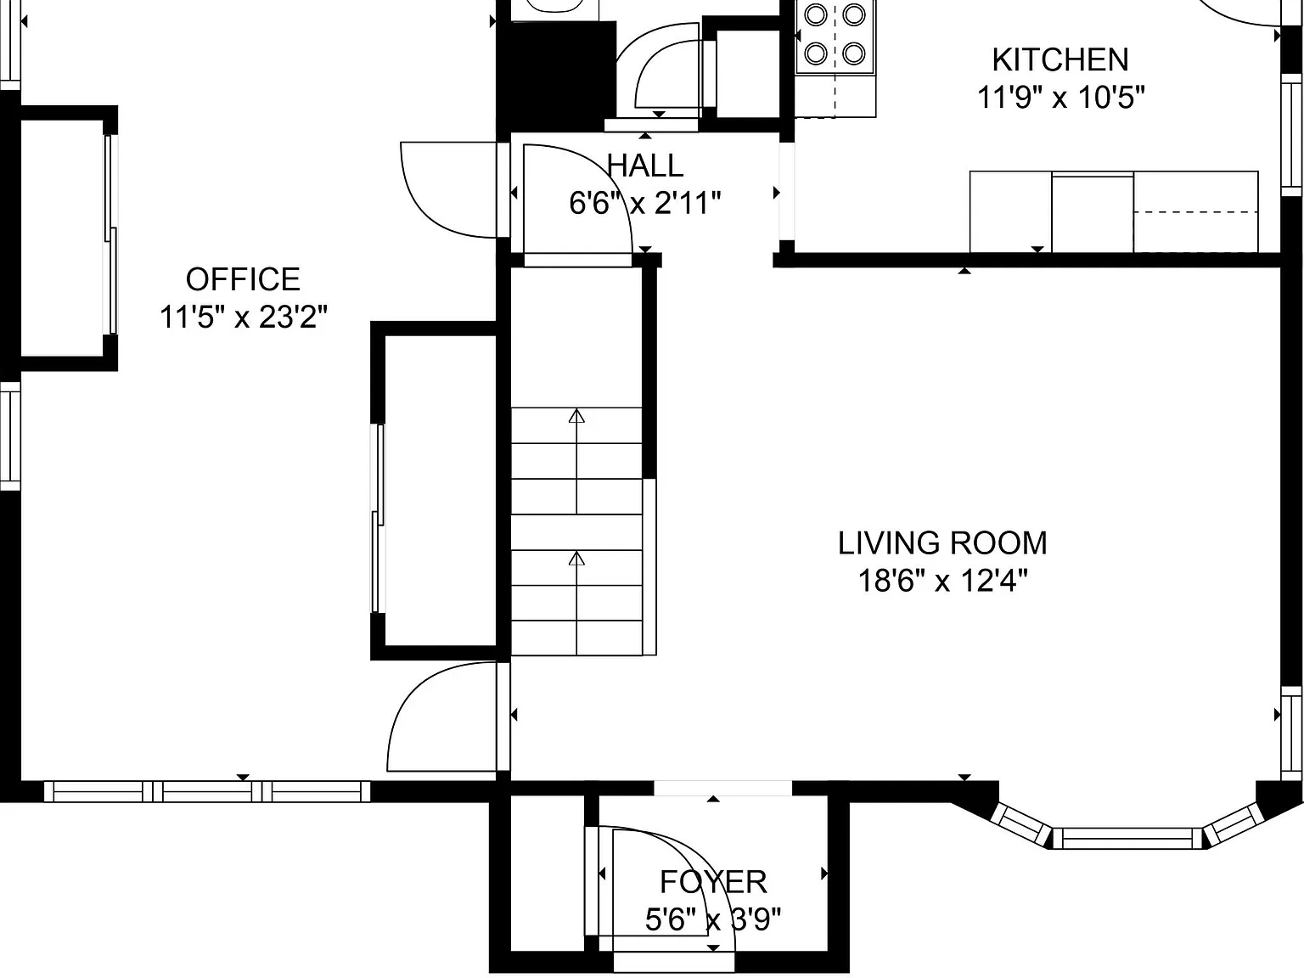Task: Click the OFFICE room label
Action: pyautogui.click(x=243, y=279)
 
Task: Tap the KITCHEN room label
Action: pyautogui.click(x=1060, y=59)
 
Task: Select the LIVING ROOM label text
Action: pyautogui.click(x=942, y=542)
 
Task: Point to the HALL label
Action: pyautogui.click(x=645, y=166)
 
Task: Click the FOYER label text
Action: pyautogui.click(x=713, y=882)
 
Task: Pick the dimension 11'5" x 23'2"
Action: pyautogui.click(x=243, y=317)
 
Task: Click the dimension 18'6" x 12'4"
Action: pyautogui.click(x=942, y=580)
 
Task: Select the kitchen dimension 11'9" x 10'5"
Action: pyautogui.click(x=1060, y=97)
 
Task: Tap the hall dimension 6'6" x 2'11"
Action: pyautogui.click(x=645, y=203)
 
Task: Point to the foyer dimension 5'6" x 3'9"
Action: pyautogui.click(x=713, y=919)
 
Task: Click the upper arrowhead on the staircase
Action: pyautogui.click(x=576, y=416)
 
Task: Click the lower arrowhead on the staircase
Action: pyautogui.click(x=576, y=558)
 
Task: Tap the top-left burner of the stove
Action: pyautogui.click(x=816, y=14)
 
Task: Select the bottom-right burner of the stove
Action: pyautogui.click(x=854, y=53)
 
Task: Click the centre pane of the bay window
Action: pyautogui.click(x=1127, y=839)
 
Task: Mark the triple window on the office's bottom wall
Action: pyautogui.click(x=207, y=791)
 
